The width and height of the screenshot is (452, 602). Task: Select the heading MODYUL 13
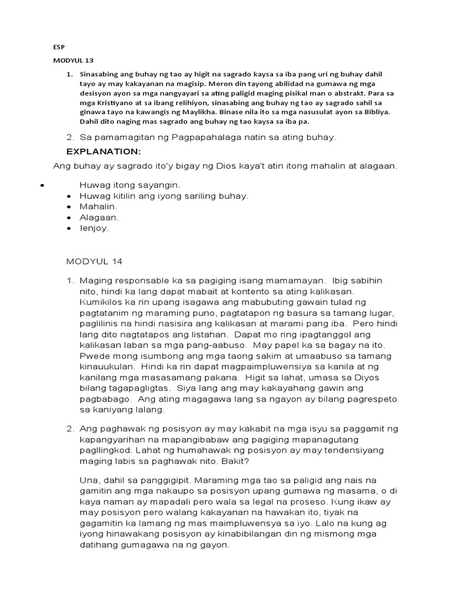[x=73, y=60]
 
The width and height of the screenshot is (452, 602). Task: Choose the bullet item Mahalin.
[x=98, y=206]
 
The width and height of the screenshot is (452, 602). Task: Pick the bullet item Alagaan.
[x=99, y=217]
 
